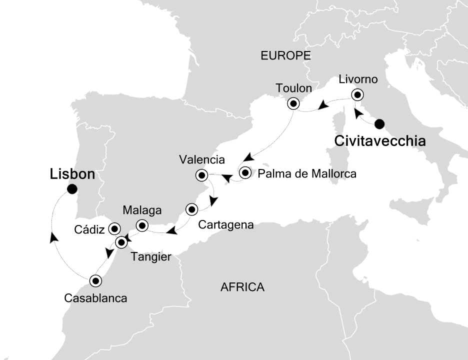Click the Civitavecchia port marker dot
coord(379,123)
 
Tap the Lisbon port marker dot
coord(72,189)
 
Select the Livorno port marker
coord(357,94)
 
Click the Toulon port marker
coord(293,104)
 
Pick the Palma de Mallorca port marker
coord(245,173)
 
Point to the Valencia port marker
coord(202,175)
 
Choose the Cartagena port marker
coord(191,209)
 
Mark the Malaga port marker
coord(142,225)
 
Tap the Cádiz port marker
coord(114,228)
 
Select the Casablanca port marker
coord(95,281)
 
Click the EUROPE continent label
coord(286,55)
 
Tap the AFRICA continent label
coord(242,287)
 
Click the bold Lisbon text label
coord(72,174)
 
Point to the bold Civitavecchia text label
coord(380,141)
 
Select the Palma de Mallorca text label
coord(307,174)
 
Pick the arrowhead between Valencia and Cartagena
coord(213,201)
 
